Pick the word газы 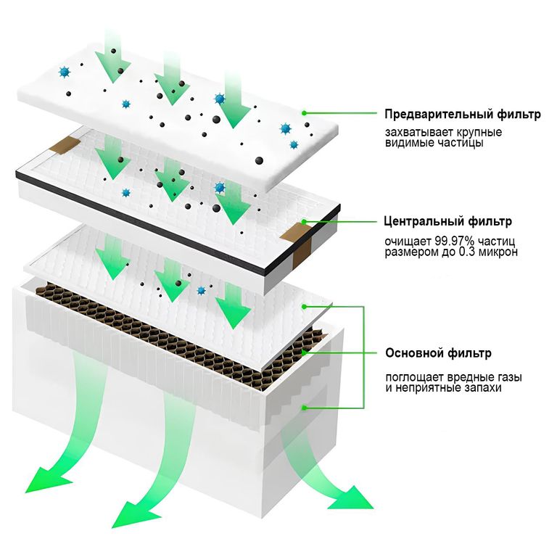tap(508, 377)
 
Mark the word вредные tap(465, 377)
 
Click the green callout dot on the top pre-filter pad tap(305, 112)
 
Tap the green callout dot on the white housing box tap(305, 408)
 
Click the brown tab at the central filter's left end tap(67, 144)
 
